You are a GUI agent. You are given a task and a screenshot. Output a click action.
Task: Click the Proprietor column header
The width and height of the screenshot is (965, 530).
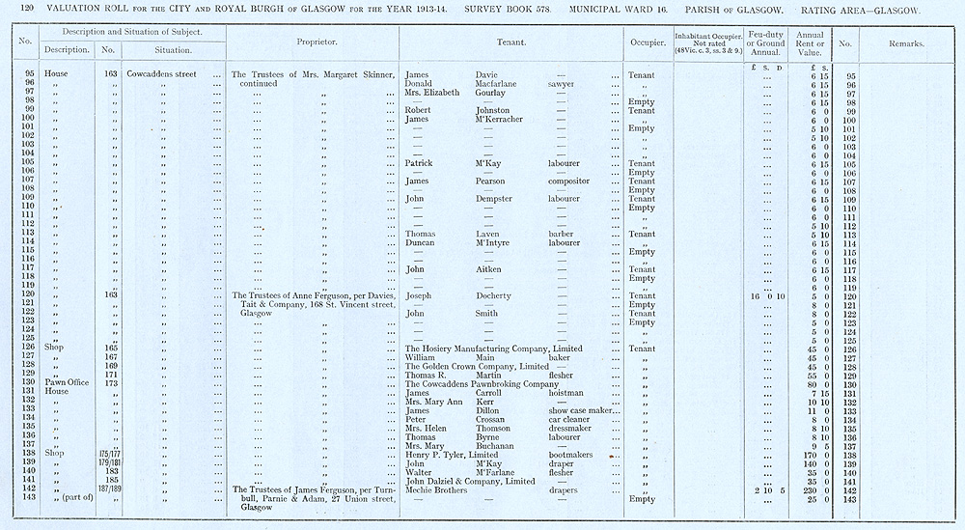pos(316,43)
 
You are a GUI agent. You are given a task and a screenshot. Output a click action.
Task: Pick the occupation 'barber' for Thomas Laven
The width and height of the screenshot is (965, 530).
pos(562,234)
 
